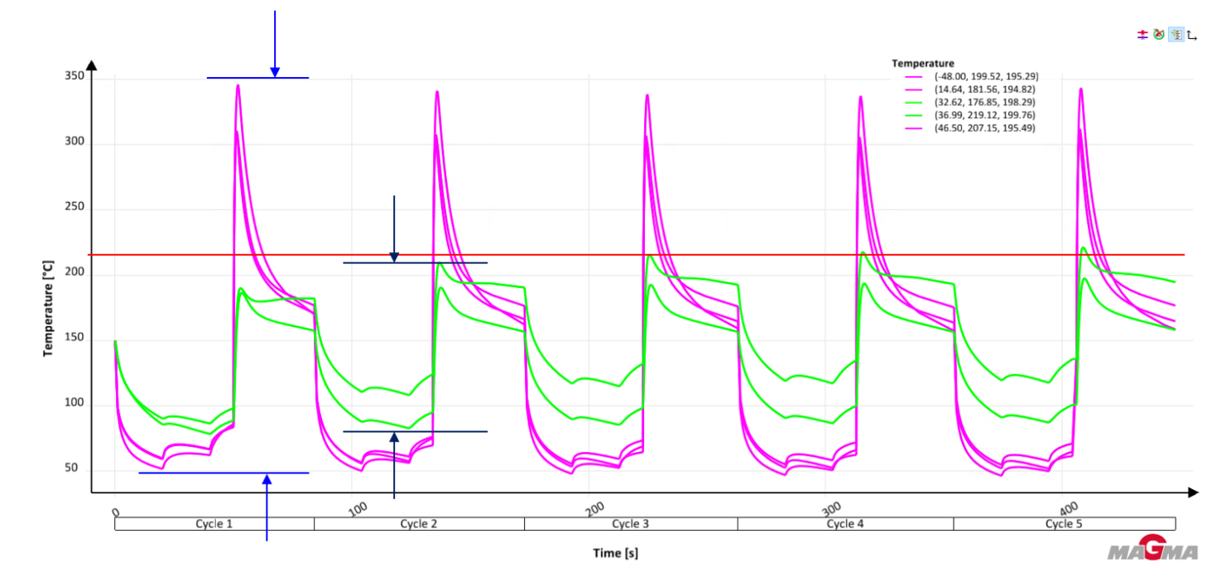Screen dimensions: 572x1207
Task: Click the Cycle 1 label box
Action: click(214, 524)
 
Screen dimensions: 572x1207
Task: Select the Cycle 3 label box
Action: click(631, 524)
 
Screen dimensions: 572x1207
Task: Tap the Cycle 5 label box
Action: click(1064, 524)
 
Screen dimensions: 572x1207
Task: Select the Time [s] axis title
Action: click(615, 552)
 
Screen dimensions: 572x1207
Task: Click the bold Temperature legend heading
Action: click(923, 63)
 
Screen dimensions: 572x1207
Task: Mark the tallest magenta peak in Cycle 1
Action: click(238, 86)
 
